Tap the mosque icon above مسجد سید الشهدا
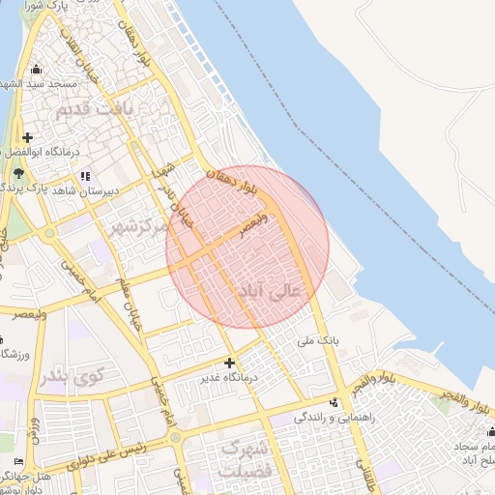[x=37, y=69]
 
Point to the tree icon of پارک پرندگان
[x=20, y=173]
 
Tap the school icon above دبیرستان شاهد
[x=85, y=176]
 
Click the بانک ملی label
[x=322, y=340]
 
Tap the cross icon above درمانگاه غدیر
[x=229, y=363]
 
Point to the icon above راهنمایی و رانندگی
[x=335, y=402]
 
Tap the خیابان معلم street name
[x=131, y=299]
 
